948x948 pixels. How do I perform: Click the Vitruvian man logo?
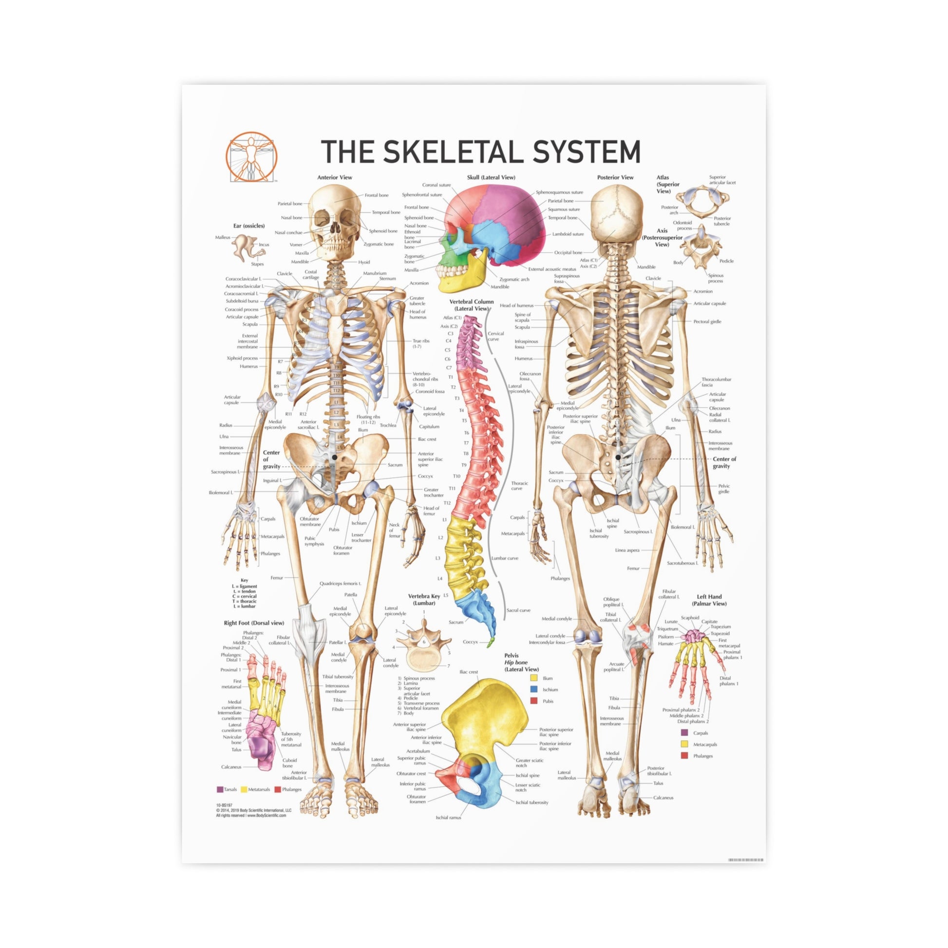pos(251,156)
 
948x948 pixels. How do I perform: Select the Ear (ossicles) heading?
pos(249,226)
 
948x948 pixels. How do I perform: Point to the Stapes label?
pos(257,264)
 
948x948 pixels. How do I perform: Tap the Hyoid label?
pos(363,262)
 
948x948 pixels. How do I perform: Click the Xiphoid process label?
pos(242,358)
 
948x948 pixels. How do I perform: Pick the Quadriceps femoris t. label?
pos(340,584)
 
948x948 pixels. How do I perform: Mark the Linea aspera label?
pos(627,550)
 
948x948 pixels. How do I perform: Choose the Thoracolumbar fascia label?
pos(716,382)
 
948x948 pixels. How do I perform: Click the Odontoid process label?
pos(683,225)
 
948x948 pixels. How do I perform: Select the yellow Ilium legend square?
pos(534,678)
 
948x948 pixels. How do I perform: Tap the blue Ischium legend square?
pos(534,689)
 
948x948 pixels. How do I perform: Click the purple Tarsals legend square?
pos(220,790)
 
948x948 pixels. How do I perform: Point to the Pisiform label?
pos(666,637)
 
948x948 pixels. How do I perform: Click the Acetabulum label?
pos(417,751)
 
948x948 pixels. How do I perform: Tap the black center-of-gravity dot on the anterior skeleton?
pos(335,457)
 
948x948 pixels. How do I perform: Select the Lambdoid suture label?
pos(568,234)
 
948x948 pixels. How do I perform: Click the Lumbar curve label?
pos(504,558)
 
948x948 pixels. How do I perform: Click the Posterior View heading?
pos(615,177)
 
